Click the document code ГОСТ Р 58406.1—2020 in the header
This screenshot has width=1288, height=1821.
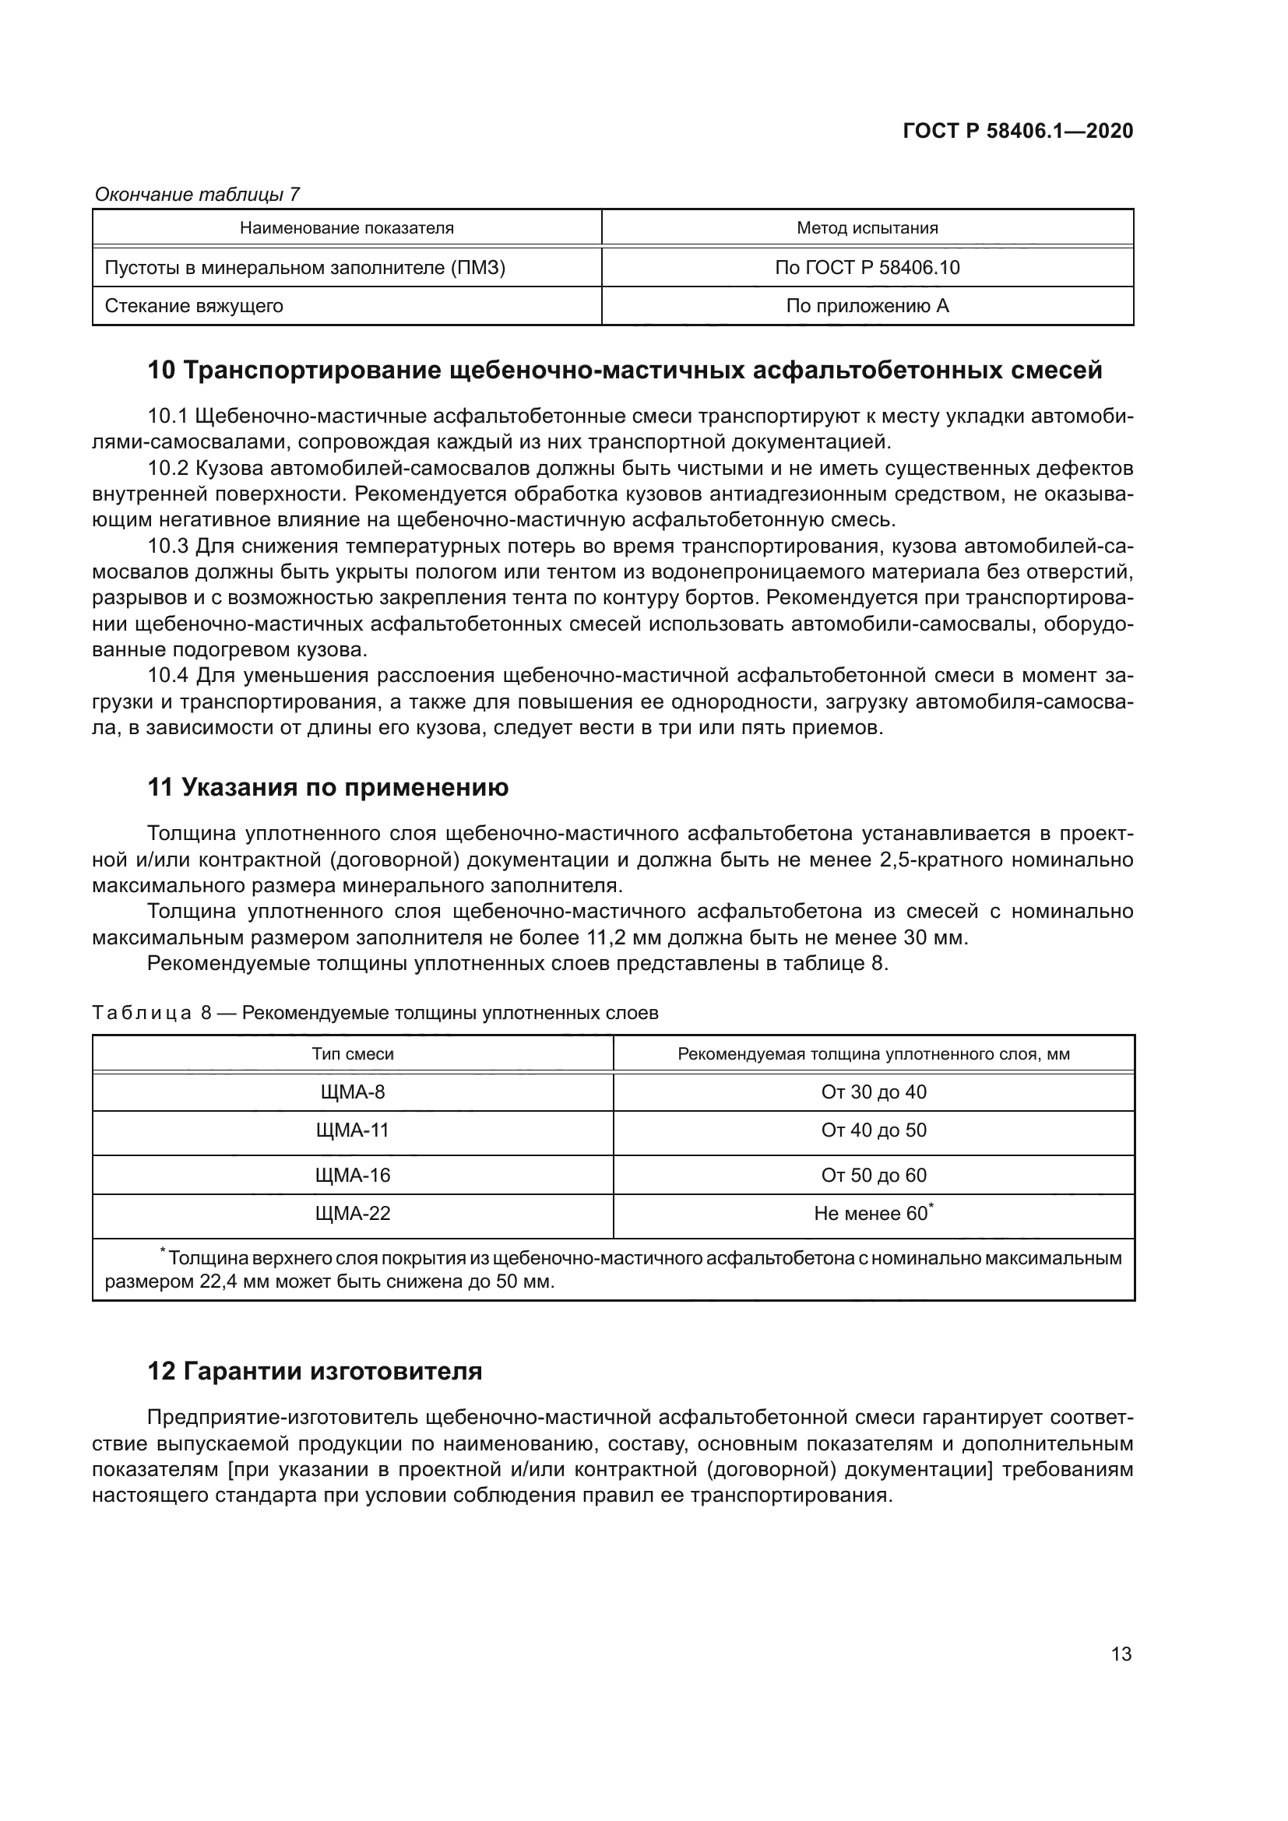pyautogui.click(x=1019, y=131)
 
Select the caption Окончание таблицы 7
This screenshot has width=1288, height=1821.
pyautogui.click(x=198, y=195)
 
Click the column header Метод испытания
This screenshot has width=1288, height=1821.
pyautogui.click(x=867, y=228)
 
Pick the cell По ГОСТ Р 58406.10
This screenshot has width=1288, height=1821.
pyautogui.click(x=867, y=268)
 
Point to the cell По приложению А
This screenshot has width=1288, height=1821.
pyautogui.click(x=867, y=306)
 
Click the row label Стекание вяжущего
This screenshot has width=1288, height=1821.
pyautogui.click(x=194, y=306)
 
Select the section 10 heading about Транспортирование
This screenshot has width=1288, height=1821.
pyautogui.click(x=625, y=371)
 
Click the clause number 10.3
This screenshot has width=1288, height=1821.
pyautogui.click(x=168, y=547)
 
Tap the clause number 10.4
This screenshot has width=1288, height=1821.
pyautogui.click(x=168, y=676)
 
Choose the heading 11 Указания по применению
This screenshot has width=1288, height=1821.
pyautogui.click(x=329, y=788)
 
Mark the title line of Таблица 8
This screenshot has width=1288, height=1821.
pyautogui.click(x=375, y=1014)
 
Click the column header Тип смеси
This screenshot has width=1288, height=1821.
pyautogui.click(x=353, y=1054)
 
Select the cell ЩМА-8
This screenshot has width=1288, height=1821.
pyautogui.click(x=353, y=1092)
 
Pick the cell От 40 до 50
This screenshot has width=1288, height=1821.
pyautogui.click(x=873, y=1130)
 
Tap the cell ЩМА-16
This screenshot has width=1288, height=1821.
pyautogui.click(x=353, y=1176)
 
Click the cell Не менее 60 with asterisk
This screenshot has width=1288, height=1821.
pyautogui.click(x=873, y=1214)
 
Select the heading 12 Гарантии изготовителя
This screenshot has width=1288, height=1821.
pyautogui.click(x=315, y=1371)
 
